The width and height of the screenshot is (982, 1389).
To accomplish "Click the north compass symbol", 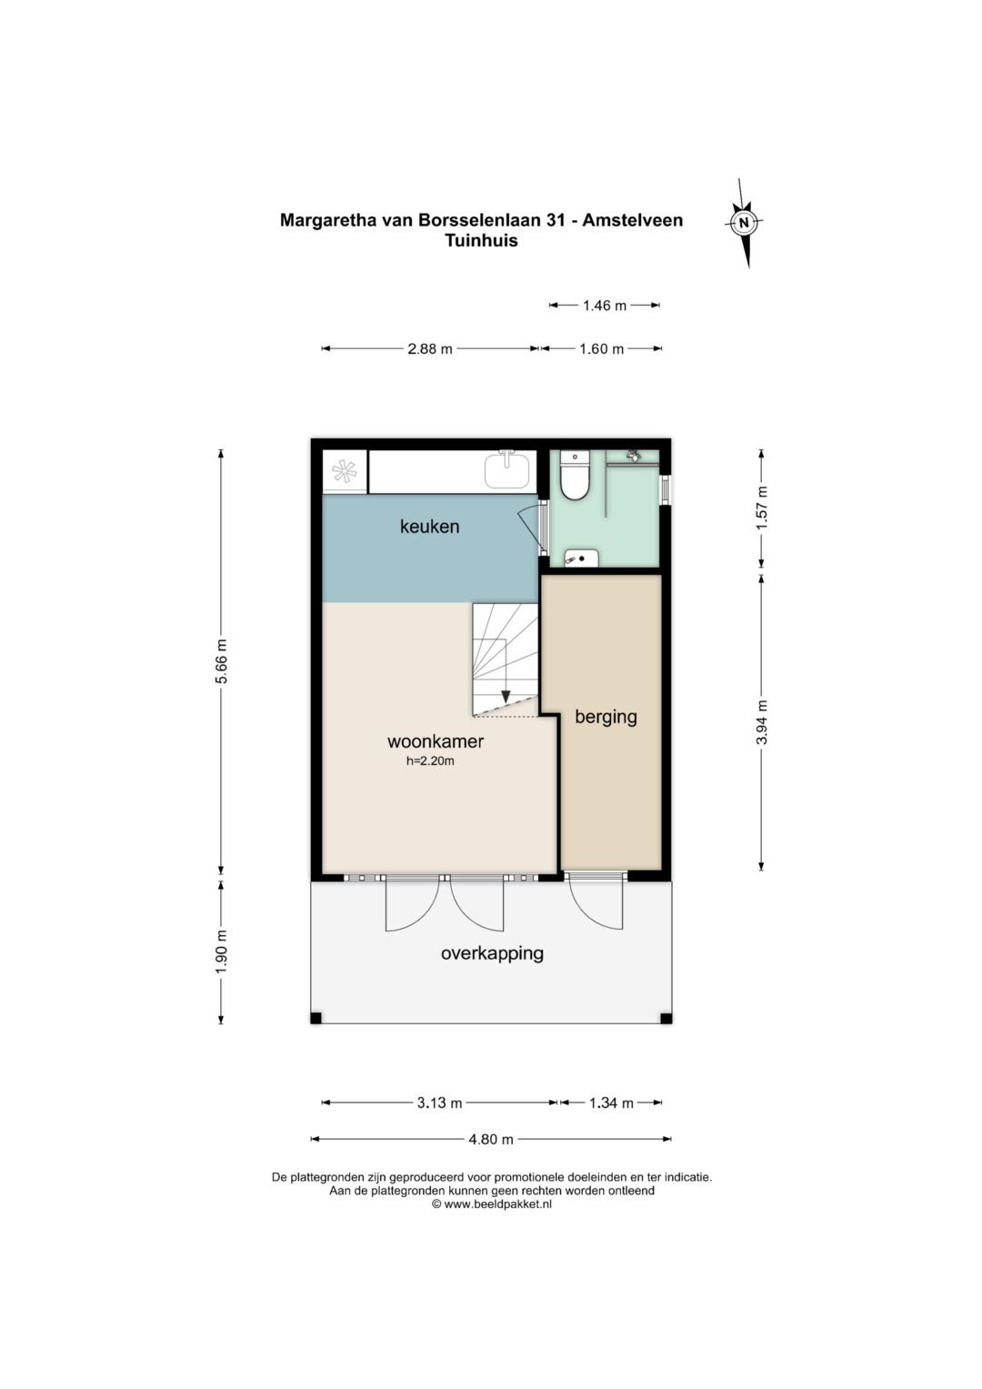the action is coord(745,222).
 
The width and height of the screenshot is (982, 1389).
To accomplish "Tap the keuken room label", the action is coord(429,527).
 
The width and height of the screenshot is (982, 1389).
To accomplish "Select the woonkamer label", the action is coord(436,741).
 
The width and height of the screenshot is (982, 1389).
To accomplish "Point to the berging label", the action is coord(606,718).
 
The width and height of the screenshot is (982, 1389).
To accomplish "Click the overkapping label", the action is coord(492,952).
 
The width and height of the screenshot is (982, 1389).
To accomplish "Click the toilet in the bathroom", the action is coord(574,476).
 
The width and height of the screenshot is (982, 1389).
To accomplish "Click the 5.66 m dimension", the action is coord(222,660).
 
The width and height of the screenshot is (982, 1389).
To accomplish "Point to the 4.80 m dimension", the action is coord(491,1139).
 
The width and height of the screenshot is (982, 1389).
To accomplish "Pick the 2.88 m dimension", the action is coord(429,349).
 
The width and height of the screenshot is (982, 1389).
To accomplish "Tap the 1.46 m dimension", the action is coord(605,305).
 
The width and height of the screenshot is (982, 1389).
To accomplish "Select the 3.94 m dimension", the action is coord(761,721).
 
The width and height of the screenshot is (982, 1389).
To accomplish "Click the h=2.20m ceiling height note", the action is coord(429,760).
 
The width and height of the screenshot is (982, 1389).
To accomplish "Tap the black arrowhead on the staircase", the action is coord(506,697).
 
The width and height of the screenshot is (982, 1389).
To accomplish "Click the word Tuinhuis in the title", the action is coord(481,240).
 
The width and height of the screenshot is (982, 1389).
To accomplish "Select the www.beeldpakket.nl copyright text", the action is coord(491,1204).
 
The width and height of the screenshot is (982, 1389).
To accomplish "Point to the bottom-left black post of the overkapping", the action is coord(316,1018).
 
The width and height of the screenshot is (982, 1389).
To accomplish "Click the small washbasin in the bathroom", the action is coord(581,558).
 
